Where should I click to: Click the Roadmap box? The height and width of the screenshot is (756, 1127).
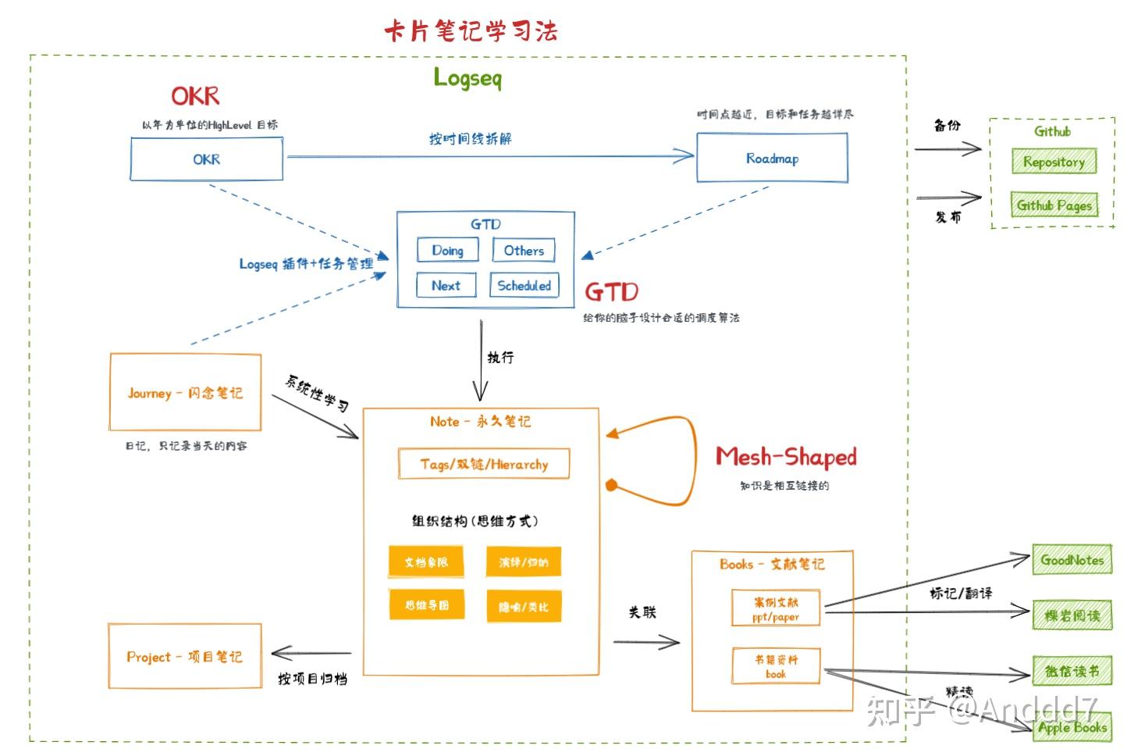(x=772, y=159)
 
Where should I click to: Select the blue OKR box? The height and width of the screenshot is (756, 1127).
(x=206, y=159)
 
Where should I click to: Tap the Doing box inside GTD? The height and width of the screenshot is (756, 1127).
(x=447, y=251)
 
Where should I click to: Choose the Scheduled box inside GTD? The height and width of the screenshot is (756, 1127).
(x=524, y=286)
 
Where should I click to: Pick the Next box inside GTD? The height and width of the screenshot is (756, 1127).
(x=446, y=286)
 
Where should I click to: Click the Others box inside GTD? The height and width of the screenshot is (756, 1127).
(x=524, y=251)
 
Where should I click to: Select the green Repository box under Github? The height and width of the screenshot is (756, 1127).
(x=1054, y=162)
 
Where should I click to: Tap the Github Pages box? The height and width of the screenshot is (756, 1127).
(x=1054, y=205)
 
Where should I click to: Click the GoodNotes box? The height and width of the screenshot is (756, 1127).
(x=1072, y=560)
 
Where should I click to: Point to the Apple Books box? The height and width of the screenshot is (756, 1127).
(x=1072, y=728)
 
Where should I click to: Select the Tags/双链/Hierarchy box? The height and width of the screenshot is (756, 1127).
(x=484, y=464)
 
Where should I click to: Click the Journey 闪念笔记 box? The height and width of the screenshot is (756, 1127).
(x=185, y=393)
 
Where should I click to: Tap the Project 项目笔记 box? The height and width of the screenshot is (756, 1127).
(x=185, y=657)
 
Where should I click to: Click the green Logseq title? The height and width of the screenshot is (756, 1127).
(x=468, y=78)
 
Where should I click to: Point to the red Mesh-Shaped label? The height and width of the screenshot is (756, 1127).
(x=786, y=457)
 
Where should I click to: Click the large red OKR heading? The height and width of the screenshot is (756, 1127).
(x=195, y=96)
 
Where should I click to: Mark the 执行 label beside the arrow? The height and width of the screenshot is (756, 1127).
(x=500, y=358)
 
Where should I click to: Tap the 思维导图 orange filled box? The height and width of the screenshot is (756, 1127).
(x=427, y=605)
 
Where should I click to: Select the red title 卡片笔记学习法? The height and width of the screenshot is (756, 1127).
(x=471, y=31)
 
